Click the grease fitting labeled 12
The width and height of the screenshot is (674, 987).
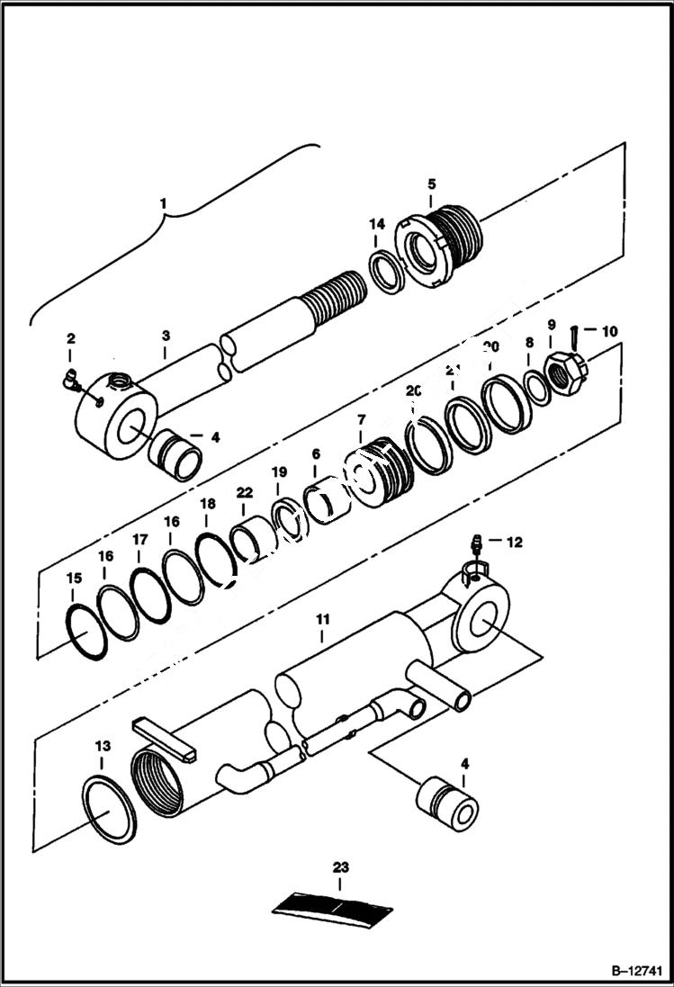click(478, 545)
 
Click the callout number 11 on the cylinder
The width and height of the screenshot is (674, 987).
click(322, 619)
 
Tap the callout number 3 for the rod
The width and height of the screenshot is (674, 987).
click(166, 335)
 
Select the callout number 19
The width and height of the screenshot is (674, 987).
click(279, 471)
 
